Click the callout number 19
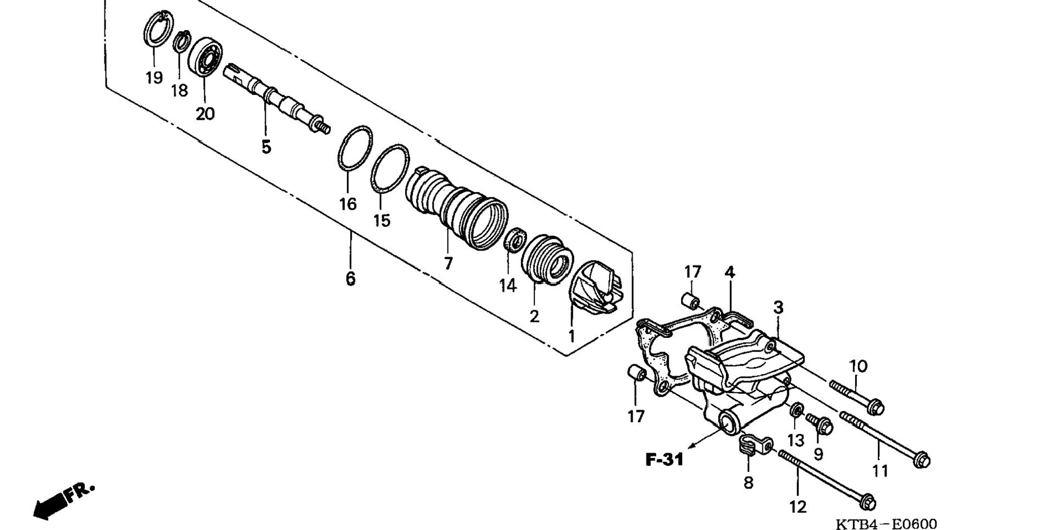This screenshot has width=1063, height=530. [154, 77]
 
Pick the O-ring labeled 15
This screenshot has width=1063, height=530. [390, 169]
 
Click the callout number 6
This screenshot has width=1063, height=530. [351, 278]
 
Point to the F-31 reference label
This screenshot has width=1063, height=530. [664, 459]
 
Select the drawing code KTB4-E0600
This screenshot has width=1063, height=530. [886, 524]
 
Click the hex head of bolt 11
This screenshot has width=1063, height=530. [921, 460]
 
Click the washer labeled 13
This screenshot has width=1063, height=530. [796, 410]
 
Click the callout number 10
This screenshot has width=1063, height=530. [858, 366]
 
